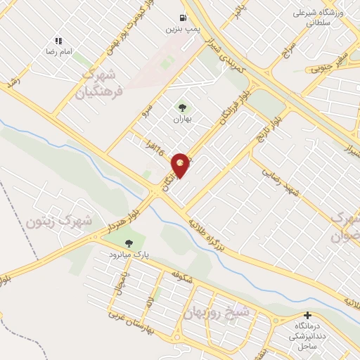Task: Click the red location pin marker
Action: pyautogui.click(x=181, y=166)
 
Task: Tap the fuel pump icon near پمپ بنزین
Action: pyautogui.click(x=183, y=18)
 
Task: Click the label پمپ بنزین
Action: pyautogui.click(x=179, y=29)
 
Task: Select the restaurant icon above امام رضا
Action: pyautogui.click(x=58, y=41)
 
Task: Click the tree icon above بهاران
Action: pyautogui.click(x=183, y=108)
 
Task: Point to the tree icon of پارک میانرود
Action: pyautogui.click(x=128, y=243)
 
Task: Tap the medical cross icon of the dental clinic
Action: pyautogui.click(x=307, y=314)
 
